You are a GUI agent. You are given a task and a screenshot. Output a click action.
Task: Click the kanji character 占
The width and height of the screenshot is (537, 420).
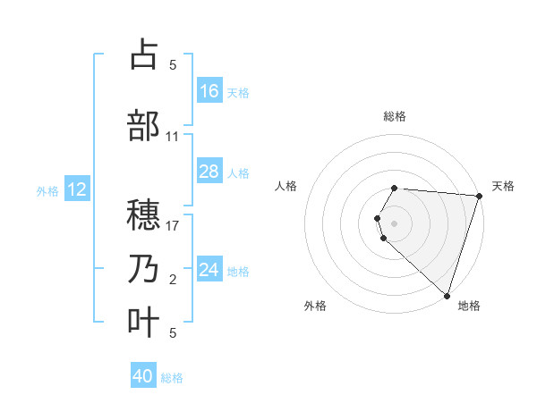[x=145, y=55]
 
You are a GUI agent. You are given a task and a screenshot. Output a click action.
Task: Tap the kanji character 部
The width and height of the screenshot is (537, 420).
[x=145, y=127]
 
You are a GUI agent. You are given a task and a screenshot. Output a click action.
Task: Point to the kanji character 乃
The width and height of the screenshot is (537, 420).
[x=145, y=269]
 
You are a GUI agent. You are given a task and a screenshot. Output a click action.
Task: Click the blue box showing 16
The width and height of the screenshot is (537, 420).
[x=209, y=91]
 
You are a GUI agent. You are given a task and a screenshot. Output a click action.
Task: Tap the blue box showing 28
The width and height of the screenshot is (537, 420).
[x=209, y=172]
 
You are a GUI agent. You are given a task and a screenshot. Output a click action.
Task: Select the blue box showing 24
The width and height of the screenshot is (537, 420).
[x=209, y=270]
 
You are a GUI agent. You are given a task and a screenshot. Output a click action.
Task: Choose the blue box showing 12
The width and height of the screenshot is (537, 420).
[x=77, y=189]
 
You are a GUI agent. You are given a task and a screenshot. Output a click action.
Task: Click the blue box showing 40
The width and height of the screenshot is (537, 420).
[x=143, y=377]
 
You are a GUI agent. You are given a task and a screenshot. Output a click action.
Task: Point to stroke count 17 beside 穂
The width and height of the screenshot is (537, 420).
[x=173, y=225]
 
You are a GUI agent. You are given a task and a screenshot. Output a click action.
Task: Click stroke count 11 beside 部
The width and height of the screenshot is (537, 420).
[x=173, y=137]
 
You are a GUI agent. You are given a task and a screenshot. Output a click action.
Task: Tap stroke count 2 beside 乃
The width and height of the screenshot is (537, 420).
[x=173, y=281]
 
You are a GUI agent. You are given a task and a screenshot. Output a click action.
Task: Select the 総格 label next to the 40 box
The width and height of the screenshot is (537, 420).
[x=172, y=378]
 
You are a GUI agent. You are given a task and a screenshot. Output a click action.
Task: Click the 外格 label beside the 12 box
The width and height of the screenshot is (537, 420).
[x=47, y=190]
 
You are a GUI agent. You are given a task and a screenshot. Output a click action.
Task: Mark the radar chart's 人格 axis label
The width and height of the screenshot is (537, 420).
[x=286, y=186]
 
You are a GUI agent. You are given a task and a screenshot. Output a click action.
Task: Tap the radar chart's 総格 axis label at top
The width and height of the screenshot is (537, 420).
[x=395, y=116]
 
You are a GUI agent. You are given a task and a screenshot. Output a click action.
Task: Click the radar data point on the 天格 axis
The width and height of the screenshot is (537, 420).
[x=479, y=196]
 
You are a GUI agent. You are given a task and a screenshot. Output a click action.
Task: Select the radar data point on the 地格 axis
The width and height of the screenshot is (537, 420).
[x=447, y=295]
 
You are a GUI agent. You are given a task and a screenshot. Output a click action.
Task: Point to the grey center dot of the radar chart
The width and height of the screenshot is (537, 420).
[x=395, y=223]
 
